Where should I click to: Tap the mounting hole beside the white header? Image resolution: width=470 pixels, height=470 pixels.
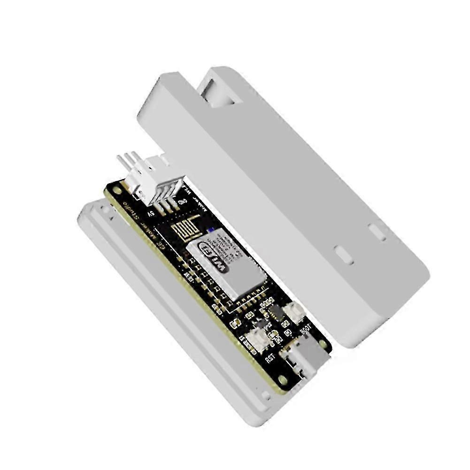(x=116, y=191)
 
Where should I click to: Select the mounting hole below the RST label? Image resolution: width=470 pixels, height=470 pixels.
(x=282, y=379)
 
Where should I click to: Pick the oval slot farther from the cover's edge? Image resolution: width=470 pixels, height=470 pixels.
(x=344, y=254)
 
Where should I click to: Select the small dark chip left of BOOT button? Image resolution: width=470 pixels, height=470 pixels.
(x=276, y=312)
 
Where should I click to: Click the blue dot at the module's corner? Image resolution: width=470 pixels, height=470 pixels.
(x=211, y=230)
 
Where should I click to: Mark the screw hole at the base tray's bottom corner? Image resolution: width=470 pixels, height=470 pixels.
(x=266, y=396)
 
